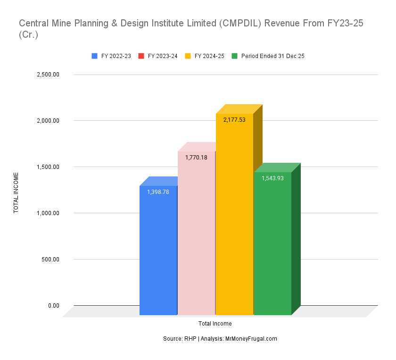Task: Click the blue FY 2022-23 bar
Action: pyautogui.click(x=158, y=250)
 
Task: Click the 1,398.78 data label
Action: pyautogui.click(x=157, y=192)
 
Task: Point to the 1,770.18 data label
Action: pyautogui.click(x=196, y=157)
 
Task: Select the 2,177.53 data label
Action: pyautogui.click(x=234, y=120)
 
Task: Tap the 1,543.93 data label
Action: pyautogui.click(x=272, y=178)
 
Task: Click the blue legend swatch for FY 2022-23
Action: pyautogui.click(x=95, y=56)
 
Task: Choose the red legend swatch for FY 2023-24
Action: pyautogui.click(x=141, y=56)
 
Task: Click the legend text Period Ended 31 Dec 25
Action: pyautogui.click(x=272, y=56)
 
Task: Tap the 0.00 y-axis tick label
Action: pyautogui.click(x=53, y=306)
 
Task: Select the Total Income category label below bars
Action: pyautogui.click(x=215, y=324)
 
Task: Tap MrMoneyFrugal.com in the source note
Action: pyautogui.click(x=251, y=339)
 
